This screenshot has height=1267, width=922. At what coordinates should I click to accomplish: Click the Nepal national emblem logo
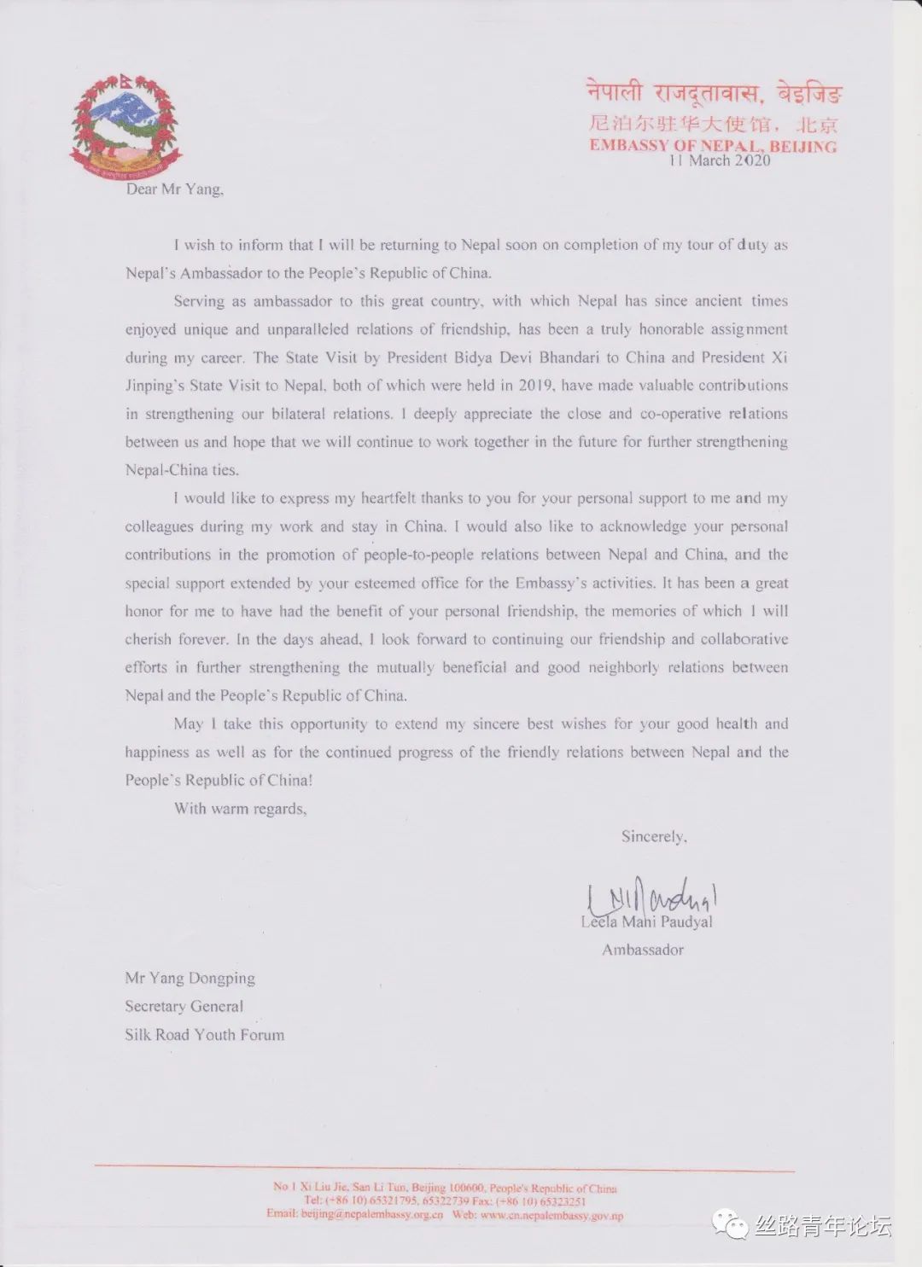click(126, 125)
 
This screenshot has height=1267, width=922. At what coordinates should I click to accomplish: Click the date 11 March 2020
click(719, 160)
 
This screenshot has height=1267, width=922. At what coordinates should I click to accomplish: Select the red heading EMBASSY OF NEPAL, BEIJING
click(713, 146)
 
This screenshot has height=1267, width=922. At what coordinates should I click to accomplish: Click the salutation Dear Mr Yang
click(174, 189)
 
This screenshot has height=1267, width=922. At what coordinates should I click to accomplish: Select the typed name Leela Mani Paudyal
click(646, 921)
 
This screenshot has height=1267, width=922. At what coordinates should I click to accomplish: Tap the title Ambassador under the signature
click(643, 950)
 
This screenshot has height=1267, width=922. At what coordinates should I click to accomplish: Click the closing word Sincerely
click(654, 837)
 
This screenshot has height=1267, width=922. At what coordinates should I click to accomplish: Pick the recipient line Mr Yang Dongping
click(190, 978)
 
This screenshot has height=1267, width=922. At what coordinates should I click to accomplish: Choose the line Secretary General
click(184, 1006)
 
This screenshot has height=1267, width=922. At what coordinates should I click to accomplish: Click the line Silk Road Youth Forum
click(204, 1034)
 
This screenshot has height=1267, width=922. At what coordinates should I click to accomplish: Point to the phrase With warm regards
click(240, 808)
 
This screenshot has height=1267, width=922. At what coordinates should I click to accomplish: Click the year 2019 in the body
click(538, 386)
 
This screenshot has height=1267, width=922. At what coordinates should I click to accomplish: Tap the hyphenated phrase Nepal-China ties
click(182, 470)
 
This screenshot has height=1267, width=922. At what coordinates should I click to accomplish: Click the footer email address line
click(444, 1214)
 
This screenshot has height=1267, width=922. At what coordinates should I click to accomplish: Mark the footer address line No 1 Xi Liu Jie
click(444, 1187)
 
